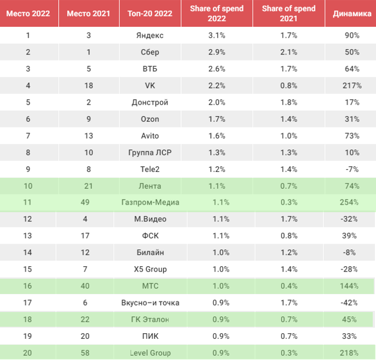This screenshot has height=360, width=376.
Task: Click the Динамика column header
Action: pos(352,14)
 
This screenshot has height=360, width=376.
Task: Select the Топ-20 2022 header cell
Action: pos(150,14)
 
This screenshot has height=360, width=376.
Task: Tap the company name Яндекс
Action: pos(150,35)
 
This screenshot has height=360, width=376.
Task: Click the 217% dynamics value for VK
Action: pos(352,86)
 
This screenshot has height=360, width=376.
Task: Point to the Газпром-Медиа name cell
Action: pos(151,202)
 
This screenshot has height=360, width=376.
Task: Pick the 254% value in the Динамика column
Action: pos(349,202)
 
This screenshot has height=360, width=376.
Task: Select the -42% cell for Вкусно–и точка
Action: pos(349,303)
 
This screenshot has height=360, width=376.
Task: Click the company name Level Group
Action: pos(151,353)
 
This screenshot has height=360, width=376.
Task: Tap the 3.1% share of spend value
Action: pos(217,35)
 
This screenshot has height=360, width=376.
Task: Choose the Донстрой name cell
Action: pos(150,103)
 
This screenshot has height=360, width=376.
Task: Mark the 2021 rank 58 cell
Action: pos(85,353)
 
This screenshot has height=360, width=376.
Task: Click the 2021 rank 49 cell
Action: pos(85,202)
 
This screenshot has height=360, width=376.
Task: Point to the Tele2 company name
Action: pos(150,169)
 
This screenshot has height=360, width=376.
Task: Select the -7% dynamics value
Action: pos(352,169)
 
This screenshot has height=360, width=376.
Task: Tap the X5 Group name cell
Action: pos(151,269)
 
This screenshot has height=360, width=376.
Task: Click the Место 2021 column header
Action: pos(88,14)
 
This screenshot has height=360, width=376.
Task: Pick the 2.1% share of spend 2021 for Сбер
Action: pos(289,52)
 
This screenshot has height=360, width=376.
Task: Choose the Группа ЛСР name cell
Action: pos(150,153)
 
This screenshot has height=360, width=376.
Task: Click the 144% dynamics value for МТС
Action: pos(349,286)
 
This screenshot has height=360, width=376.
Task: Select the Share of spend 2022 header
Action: pos(217,14)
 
